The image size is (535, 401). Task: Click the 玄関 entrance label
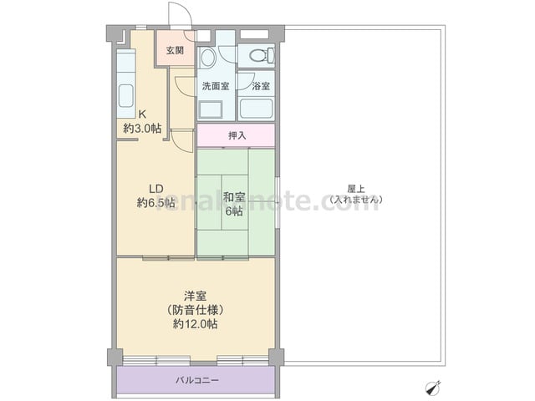(x=175, y=50)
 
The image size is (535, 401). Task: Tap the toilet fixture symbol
(x=262, y=55)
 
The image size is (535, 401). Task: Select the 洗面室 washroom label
(x=216, y=86)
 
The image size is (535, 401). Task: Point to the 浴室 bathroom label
(x=261, y=86)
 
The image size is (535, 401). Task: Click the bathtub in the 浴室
(x=257, y=109)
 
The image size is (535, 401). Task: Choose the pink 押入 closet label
(x=237, y=135)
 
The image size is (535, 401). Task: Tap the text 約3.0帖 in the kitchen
(x=142, y=128)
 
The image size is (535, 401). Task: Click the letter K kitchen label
(x=142, y=114)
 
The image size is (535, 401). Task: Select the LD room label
(x=156, y=189)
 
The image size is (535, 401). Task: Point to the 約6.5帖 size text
(x=156, y=203)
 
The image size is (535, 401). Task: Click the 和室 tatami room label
(x=234, y=197)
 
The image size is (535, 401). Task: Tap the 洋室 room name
(x=195, y=296)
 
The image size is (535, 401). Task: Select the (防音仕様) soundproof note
(x=195, y=310)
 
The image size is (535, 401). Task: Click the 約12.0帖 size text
(x=195, y=324)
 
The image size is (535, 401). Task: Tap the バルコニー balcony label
(x=197, y=380)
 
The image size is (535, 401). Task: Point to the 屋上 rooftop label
(x=356, y=189)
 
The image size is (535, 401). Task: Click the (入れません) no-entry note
(x=356, y=200)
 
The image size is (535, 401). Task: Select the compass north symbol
(x=433, y=388)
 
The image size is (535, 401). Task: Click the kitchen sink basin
(x=125, y=96)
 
